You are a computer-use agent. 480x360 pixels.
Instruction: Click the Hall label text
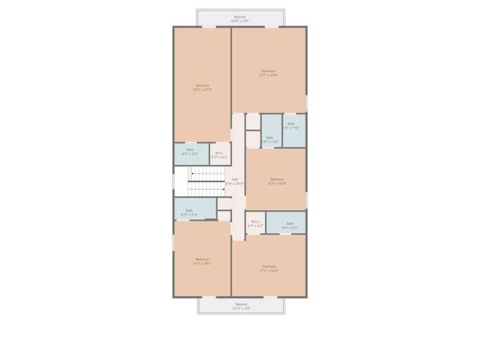(235, 180)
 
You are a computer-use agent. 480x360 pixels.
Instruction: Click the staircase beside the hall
(207, 182)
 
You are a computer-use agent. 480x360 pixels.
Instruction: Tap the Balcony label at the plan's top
(240, 17)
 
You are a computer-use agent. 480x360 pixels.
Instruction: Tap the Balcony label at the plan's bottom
(241, 304)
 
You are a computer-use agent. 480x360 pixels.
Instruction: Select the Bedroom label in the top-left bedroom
(202, 86)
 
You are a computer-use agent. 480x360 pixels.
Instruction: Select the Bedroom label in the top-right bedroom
(268, 71)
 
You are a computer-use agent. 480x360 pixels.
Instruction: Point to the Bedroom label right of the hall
(277, 179)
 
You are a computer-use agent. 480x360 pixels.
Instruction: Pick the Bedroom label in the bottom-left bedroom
(202, 259)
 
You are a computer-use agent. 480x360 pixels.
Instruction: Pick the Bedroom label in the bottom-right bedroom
(269, 266)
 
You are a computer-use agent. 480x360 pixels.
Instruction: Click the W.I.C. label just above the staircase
(219, 153)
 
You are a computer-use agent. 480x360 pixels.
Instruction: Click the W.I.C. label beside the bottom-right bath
(255, 222)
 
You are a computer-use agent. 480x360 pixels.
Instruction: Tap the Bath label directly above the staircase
(190, 150)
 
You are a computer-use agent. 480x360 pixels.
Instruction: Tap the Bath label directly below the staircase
(189, 210)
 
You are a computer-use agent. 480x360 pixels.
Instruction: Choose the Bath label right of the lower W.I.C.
(290, 224)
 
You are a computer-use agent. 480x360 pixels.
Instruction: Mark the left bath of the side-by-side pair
(270, 138)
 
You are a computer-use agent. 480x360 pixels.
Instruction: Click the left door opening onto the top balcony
(209, 27)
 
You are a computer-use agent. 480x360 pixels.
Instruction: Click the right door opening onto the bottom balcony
(271, 297)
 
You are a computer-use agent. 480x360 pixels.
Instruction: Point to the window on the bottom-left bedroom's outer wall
(174, 243)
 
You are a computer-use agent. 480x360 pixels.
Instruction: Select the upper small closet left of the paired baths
(253, 122)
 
